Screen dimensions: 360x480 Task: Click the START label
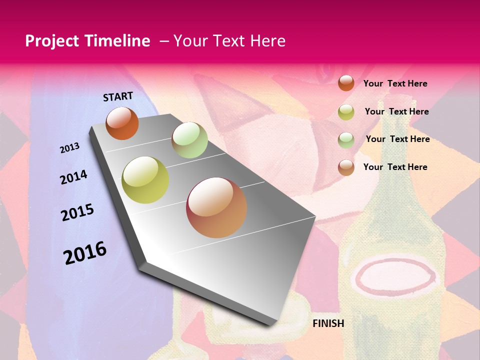coord(118,96)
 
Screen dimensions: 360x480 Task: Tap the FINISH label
coord(328,323)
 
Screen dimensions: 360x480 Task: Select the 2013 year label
coord(70,148)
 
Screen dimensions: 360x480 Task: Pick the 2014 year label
coord(73,177)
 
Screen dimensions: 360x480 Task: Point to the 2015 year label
coord(77,212)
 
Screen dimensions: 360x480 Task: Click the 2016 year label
coord(85,252)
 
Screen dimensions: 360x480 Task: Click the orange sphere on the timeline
coord(122,123)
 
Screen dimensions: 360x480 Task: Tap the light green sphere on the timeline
coord(189,140)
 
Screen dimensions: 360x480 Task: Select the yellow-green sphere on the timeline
coord(145,180)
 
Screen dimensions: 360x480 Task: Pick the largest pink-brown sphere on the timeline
coord(216,207)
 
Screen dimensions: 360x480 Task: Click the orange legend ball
coord(346,83)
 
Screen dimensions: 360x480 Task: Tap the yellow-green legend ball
coord(346,112)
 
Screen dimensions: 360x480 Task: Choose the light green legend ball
coord(346,140)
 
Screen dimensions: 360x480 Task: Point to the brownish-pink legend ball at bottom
coord(346,167)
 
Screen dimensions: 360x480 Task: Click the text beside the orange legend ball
coord(395,83)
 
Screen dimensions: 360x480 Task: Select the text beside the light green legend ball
coord(397,139)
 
